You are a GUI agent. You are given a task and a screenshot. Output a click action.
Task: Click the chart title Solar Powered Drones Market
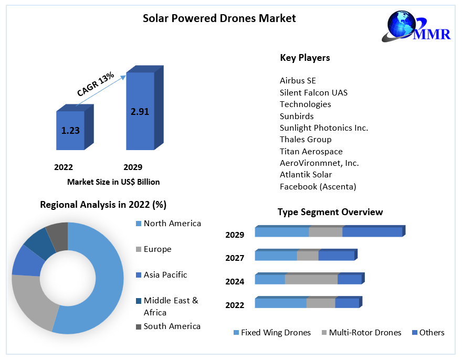(219, 18)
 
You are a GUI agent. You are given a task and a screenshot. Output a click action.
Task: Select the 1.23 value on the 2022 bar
(70, 131)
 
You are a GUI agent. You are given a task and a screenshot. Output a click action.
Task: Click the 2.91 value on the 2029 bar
(140, 111)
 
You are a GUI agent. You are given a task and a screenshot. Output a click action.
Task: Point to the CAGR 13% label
(96, 84)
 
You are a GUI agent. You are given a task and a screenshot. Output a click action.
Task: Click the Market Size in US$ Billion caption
(113, 182)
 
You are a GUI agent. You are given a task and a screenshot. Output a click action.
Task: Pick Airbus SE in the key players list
(298, 80)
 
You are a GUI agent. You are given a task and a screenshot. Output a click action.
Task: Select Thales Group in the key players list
(306, 140)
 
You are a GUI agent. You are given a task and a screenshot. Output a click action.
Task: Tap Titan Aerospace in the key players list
(311, 151)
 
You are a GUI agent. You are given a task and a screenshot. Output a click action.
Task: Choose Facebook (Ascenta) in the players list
(318, 186)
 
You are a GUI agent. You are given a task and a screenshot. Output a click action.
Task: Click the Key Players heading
(305, 58)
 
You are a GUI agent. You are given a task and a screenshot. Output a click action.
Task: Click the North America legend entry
(172, 224)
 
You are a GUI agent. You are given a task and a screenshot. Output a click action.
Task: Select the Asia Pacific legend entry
(165, 275)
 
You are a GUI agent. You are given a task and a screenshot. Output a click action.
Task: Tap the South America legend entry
(172, 326)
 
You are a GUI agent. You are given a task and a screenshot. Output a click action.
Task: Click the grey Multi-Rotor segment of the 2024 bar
(311, 280)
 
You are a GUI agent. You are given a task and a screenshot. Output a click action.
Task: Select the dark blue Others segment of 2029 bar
(372, 232)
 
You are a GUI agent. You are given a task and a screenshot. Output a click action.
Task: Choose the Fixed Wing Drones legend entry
(276, 333)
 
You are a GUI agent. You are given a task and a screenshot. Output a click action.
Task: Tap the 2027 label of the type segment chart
(235, 258)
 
